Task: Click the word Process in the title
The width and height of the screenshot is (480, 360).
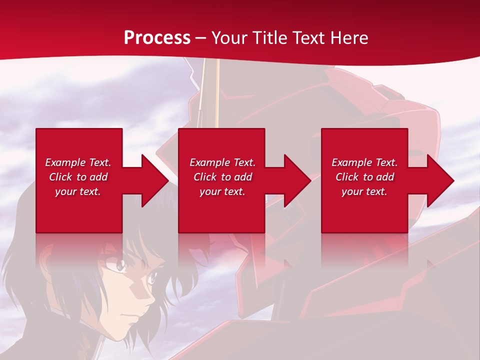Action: [157, 38]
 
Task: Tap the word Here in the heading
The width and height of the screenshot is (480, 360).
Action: [349, 38]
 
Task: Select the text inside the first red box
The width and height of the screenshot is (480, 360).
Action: [78, 177]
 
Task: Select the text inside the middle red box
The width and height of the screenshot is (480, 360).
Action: [222, 177]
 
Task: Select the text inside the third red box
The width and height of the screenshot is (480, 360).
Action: [364, 177]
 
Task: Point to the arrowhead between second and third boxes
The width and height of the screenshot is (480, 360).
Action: [297, 180]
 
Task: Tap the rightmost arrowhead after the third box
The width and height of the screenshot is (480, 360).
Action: [440, 180]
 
